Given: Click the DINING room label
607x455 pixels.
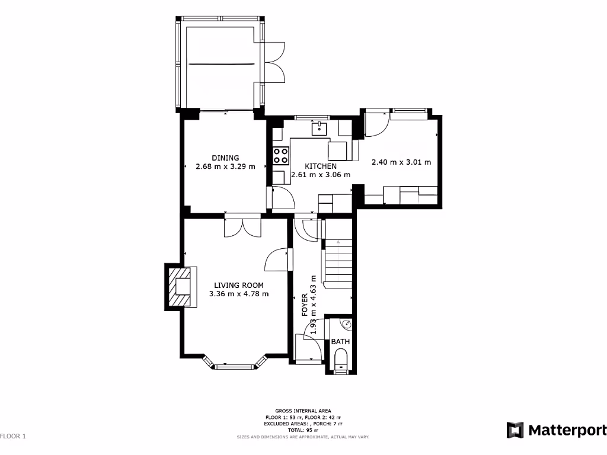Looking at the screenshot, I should tap(225, 158).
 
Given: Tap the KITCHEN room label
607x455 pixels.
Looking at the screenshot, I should tap(321, 166).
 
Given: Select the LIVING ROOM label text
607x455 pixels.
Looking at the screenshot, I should tap(239, 285).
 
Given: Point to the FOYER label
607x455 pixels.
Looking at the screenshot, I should tap(305, 305).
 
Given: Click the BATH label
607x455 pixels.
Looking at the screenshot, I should tap(340, 342).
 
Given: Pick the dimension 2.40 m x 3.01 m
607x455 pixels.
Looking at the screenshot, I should tap(401, 162).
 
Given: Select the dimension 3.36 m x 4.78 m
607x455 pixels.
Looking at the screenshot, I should tap(239, 294).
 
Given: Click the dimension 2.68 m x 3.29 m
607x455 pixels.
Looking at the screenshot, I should tap(225, 166).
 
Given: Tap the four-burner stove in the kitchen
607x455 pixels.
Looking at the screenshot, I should tap(281, 156).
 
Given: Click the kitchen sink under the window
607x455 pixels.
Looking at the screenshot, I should tap(320, 127).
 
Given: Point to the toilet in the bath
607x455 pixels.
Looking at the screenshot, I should tap(341, 361).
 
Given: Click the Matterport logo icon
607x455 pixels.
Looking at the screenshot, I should tap(514, 430).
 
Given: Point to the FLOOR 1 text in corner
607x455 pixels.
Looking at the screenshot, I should tap(14, 437).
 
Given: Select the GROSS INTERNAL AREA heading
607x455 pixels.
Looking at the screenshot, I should tap(303, 411).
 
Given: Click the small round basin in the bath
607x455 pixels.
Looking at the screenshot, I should tap(347, 324).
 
